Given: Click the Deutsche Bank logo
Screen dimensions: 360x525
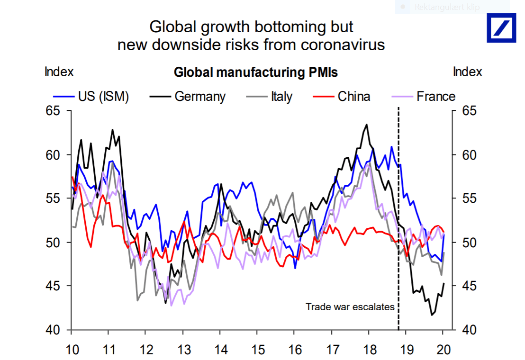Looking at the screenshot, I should point(502,27).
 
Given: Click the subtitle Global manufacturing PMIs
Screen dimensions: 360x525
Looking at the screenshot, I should point(255,72).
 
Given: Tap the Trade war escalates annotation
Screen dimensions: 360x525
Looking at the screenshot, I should point(350,306).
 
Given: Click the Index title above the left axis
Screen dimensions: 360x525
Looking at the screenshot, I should point(59,72).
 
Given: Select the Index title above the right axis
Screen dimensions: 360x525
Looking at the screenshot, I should point(467,72).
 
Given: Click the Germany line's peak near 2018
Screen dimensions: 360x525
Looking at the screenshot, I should point(367,125).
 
